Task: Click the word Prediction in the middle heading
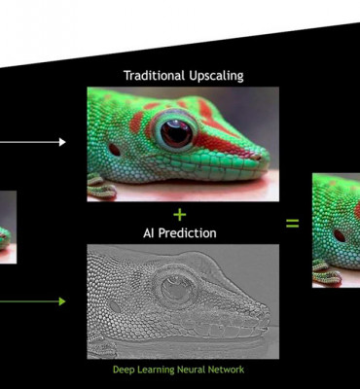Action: (x=190, y=233)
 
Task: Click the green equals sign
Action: (x=292, y=223)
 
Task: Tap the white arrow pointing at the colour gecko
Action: (x=39, y=142)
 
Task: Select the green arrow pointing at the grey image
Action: (x=39, y=301)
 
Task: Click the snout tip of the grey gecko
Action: (x=266, y=317)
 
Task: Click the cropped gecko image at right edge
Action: (x=337, y=230)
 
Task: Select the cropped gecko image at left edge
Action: (x=8, y=227)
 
